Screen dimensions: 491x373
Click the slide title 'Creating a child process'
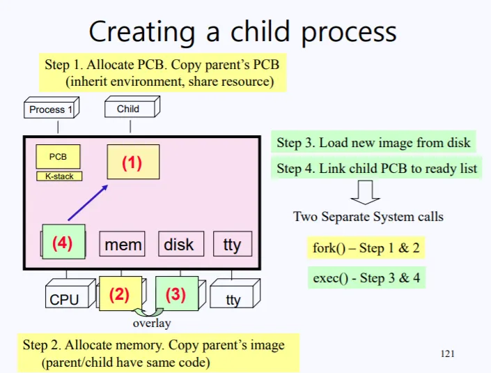click(x=242, y=31)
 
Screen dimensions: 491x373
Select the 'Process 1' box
click(x=52, y=109)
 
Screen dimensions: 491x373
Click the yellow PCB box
click(x=58, y=157)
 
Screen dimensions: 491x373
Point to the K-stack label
click(x=59, y=176)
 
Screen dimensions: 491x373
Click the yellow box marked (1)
click(x=132, y=162)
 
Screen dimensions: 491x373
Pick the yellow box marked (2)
click(x=120, y=294)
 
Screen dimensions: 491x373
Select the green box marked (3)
click(x=176, y=294)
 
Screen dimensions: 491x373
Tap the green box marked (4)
click(x=63, y=243)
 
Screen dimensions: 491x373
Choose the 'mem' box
click(x=123, y=245)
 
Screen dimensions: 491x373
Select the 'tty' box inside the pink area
click(x=232, y=244)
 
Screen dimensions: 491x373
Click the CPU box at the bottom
click(x=65, y=299)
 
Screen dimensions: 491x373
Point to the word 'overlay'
click(x=152, y=323)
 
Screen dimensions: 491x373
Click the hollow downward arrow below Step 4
click(x=365, y=190)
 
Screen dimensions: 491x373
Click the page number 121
click(x=448, y=354)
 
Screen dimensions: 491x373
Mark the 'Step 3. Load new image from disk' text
click(x=373, y=143)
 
